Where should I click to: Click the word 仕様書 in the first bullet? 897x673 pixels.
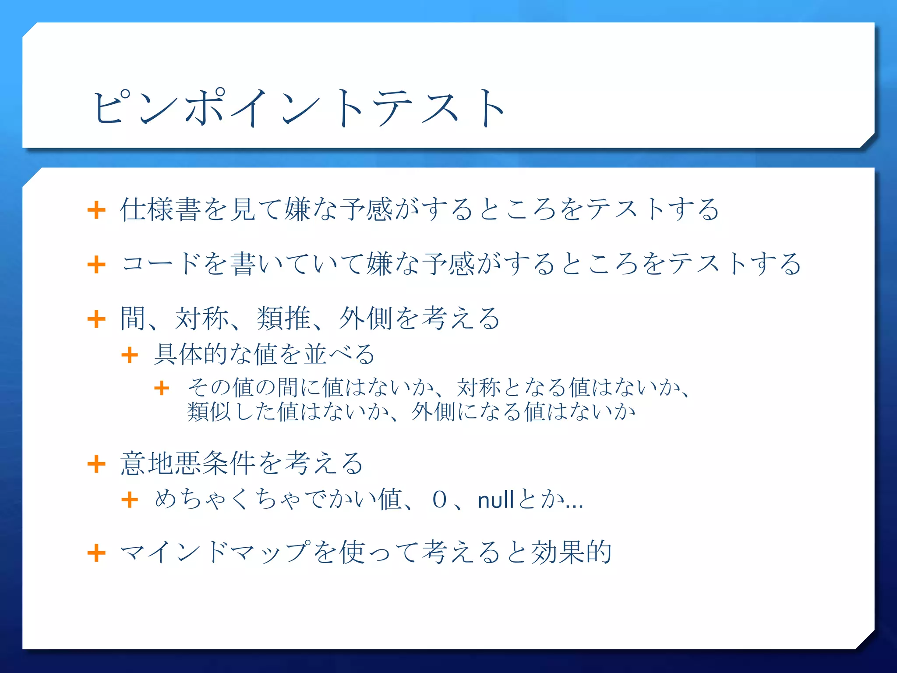(x=160, y=209)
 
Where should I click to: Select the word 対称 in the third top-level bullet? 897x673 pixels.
(x=201, y=319)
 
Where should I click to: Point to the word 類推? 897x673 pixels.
(x=283, y=319)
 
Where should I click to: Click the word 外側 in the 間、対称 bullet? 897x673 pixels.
(x=365, y=319)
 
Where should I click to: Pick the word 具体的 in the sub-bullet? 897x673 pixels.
(x=191, y=354)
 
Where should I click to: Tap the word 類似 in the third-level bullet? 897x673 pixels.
(x=209, y=412)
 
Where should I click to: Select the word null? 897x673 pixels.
(x=495, y=500)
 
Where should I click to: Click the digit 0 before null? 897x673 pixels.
(x=439, y=500)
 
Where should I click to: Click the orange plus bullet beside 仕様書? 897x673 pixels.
(x=96, y=210)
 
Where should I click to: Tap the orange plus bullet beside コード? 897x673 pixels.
(x=96, y=265)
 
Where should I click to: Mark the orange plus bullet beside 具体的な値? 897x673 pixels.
(x=130, y=355)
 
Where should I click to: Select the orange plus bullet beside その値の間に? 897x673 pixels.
(x=162, y=388)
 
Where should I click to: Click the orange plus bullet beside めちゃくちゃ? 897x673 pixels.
(x=130, y=500)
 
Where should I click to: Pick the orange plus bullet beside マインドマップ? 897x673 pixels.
(x=96, y=553)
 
